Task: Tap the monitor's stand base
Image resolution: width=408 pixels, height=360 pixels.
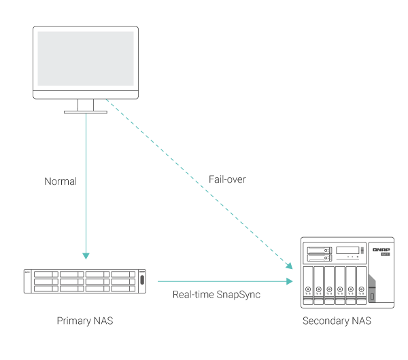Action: point(86,112)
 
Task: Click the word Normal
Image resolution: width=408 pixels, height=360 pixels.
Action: point(61,182)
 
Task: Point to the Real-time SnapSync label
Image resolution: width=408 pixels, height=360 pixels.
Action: point(217,295)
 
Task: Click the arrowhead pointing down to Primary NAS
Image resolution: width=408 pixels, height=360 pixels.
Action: point(86,256)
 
